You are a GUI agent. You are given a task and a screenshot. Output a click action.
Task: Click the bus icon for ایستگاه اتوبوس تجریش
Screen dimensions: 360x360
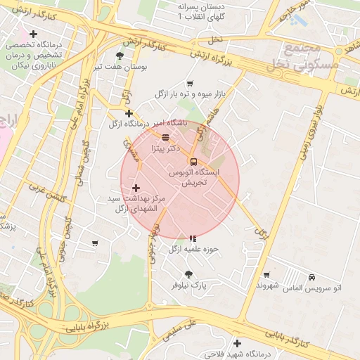(x=193, y=161)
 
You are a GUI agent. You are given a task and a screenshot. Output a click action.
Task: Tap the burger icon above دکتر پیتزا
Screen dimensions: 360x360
(x=165, y=137)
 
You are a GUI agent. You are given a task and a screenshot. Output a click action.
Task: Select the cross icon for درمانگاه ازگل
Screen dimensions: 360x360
(x=129, y=113)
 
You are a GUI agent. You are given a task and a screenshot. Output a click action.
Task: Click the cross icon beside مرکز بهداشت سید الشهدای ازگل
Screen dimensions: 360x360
(x=136, y=188)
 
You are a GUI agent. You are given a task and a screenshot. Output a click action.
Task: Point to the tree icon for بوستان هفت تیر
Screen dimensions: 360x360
(x=120, y=56)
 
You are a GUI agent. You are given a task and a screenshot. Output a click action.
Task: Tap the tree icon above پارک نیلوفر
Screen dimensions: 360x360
(x=188, y=274)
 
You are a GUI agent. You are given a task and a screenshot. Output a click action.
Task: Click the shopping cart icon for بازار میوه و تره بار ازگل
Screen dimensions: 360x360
(x=191, y=84)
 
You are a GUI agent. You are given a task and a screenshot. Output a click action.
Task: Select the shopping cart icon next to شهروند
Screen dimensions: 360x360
(x=266, y=275)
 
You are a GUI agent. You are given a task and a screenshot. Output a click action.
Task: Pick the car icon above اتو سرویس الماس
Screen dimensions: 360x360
(x=311, y=277)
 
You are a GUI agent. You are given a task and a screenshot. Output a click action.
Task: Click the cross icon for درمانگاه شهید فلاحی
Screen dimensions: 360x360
(x=237, y=344)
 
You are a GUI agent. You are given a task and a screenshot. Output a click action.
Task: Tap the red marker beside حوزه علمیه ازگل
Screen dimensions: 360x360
(x=193, y=238)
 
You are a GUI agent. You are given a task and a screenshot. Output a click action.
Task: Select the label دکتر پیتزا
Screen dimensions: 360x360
(x=166, y=148)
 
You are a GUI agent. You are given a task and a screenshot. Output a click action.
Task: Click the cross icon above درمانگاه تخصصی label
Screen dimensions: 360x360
(x=33, y=34)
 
